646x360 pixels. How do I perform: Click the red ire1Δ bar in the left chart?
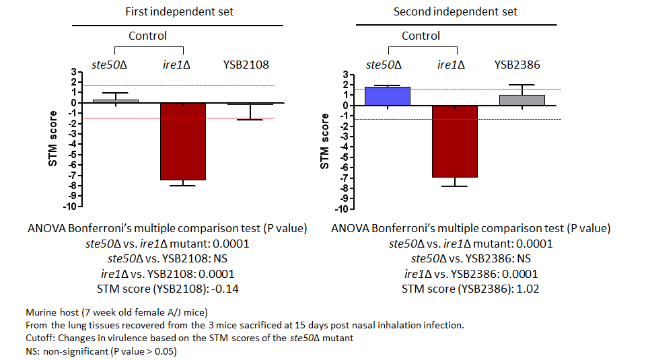coord(183,141)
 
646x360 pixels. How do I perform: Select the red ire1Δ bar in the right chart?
coord(455,141)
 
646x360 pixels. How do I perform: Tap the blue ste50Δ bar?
coord(388,96)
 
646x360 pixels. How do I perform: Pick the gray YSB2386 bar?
coord(522,100)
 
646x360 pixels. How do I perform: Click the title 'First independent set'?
coord(179,11)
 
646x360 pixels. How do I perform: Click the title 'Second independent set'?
coord(456,11)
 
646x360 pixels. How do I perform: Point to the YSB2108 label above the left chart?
coord(246,65)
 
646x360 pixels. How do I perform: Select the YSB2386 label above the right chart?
coord(517,65)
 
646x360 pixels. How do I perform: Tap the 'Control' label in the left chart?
coord(147,36)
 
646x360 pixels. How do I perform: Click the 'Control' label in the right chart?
coord(421,36)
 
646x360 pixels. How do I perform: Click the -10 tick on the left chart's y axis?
coord(70,207)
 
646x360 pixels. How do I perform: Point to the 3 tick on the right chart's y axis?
coord(346,75)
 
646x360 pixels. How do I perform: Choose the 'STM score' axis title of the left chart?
coord(52,139)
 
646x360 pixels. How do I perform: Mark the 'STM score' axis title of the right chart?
coord(324,141)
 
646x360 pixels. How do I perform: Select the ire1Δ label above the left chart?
coord(176,65)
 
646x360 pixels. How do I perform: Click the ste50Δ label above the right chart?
coord(384,65)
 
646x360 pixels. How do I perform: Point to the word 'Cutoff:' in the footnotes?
coord(40,338)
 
